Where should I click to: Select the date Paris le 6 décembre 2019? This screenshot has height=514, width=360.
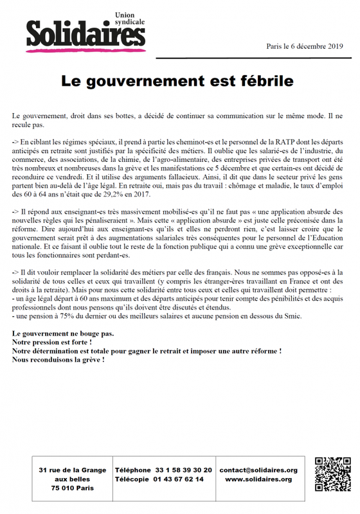click(305, 46)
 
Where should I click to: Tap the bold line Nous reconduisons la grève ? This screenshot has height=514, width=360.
click(58, 360)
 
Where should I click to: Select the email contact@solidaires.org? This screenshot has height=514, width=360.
click(258, 470)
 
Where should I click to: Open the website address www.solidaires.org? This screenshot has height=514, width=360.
click(258, 479)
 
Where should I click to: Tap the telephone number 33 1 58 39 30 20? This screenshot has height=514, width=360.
click(179, 470)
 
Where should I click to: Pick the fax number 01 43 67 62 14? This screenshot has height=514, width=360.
click(177, 479)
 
